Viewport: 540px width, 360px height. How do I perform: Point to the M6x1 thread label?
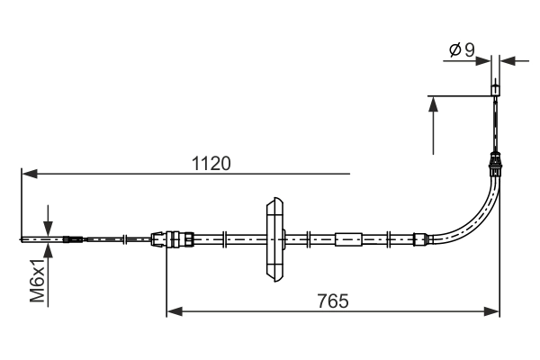[37, 280]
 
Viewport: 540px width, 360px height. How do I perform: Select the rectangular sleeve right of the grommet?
[348, 239]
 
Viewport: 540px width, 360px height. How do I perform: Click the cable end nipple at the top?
[494, 90]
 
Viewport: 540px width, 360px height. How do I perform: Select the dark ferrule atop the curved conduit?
[494, 164]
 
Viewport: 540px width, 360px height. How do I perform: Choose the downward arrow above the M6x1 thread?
[48, 225]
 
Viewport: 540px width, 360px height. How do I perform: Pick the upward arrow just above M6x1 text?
[48, 252]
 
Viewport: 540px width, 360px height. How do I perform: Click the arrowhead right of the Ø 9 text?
[484, 61]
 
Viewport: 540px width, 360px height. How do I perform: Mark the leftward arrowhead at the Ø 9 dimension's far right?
[508, 61]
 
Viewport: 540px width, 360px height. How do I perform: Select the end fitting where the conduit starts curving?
[418, 239]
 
